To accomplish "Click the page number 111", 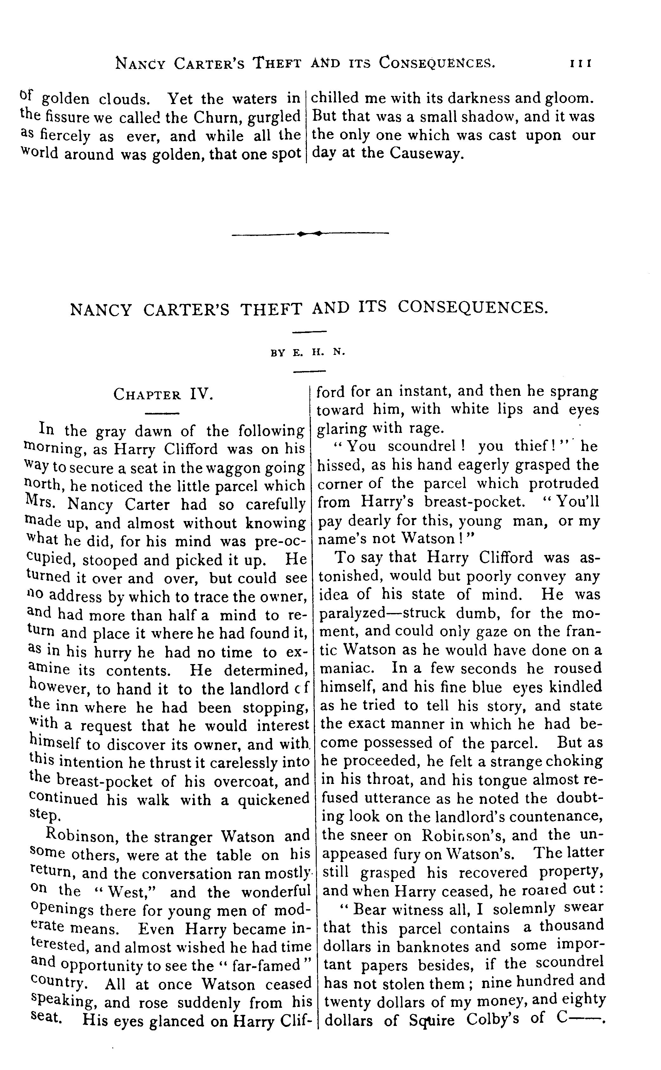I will tap(580, 64).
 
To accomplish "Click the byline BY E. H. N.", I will tap(308, 352).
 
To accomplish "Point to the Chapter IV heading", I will tap(163, 395).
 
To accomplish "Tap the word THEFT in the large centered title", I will tap(271, 309).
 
